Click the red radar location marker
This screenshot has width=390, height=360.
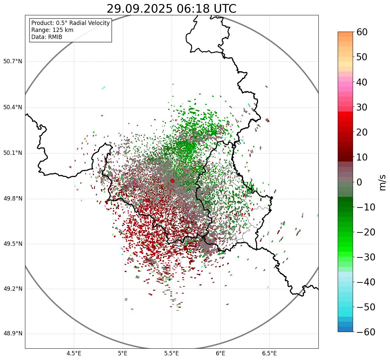pyautogui.click(x=172, y=181)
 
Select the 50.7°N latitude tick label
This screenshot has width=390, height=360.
pyautogui.click(x=12, y=62)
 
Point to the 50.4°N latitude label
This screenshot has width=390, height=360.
pyautogui.click(x=12, y=108)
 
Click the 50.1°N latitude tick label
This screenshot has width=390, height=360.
pyautogui.click(x=12, y=153)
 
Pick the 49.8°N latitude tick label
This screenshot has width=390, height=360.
pyautogui.click(x=12, y=199)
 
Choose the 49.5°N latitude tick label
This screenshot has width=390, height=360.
pyautogui.click(x=12, y=244)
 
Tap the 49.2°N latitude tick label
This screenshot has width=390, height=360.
pyautogui.click(x=12, y=289)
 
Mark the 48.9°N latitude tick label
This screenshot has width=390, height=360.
pyautogui.click(x=12, y=334)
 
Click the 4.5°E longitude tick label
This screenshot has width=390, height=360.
pyautogui.click(x=74, y=353)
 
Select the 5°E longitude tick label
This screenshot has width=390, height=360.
pyautogui.click(x=123, y=353)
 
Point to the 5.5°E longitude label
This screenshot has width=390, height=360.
pyautogui.click(x=172, y=353)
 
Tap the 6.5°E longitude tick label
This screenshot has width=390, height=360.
pyautogui.click(x=269, y=353)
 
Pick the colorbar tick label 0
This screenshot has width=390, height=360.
pyautogui.click(x=359, y=182)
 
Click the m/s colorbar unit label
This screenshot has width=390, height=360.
pyautogui.click(x=383, y=182)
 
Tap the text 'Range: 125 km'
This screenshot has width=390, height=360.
pyautogui.click(x=52, y=30)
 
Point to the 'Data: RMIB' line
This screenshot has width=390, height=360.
pyautogui.click(x=47, y=37)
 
